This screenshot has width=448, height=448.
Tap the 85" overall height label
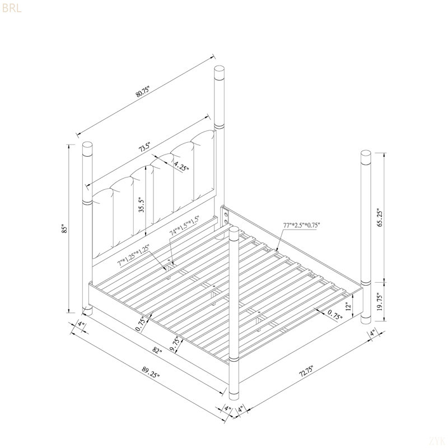click(65, 230)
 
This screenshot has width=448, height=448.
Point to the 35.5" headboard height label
click(142, 204)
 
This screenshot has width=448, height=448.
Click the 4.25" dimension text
click(181, 166)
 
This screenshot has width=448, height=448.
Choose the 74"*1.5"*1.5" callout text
click(184, 226)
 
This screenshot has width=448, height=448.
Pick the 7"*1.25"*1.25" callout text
click(133, 255)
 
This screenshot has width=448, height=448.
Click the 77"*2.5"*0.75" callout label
click(301, 225)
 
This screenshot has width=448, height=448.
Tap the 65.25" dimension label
click(380, 217)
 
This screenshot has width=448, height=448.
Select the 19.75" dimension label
click(380, 301)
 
